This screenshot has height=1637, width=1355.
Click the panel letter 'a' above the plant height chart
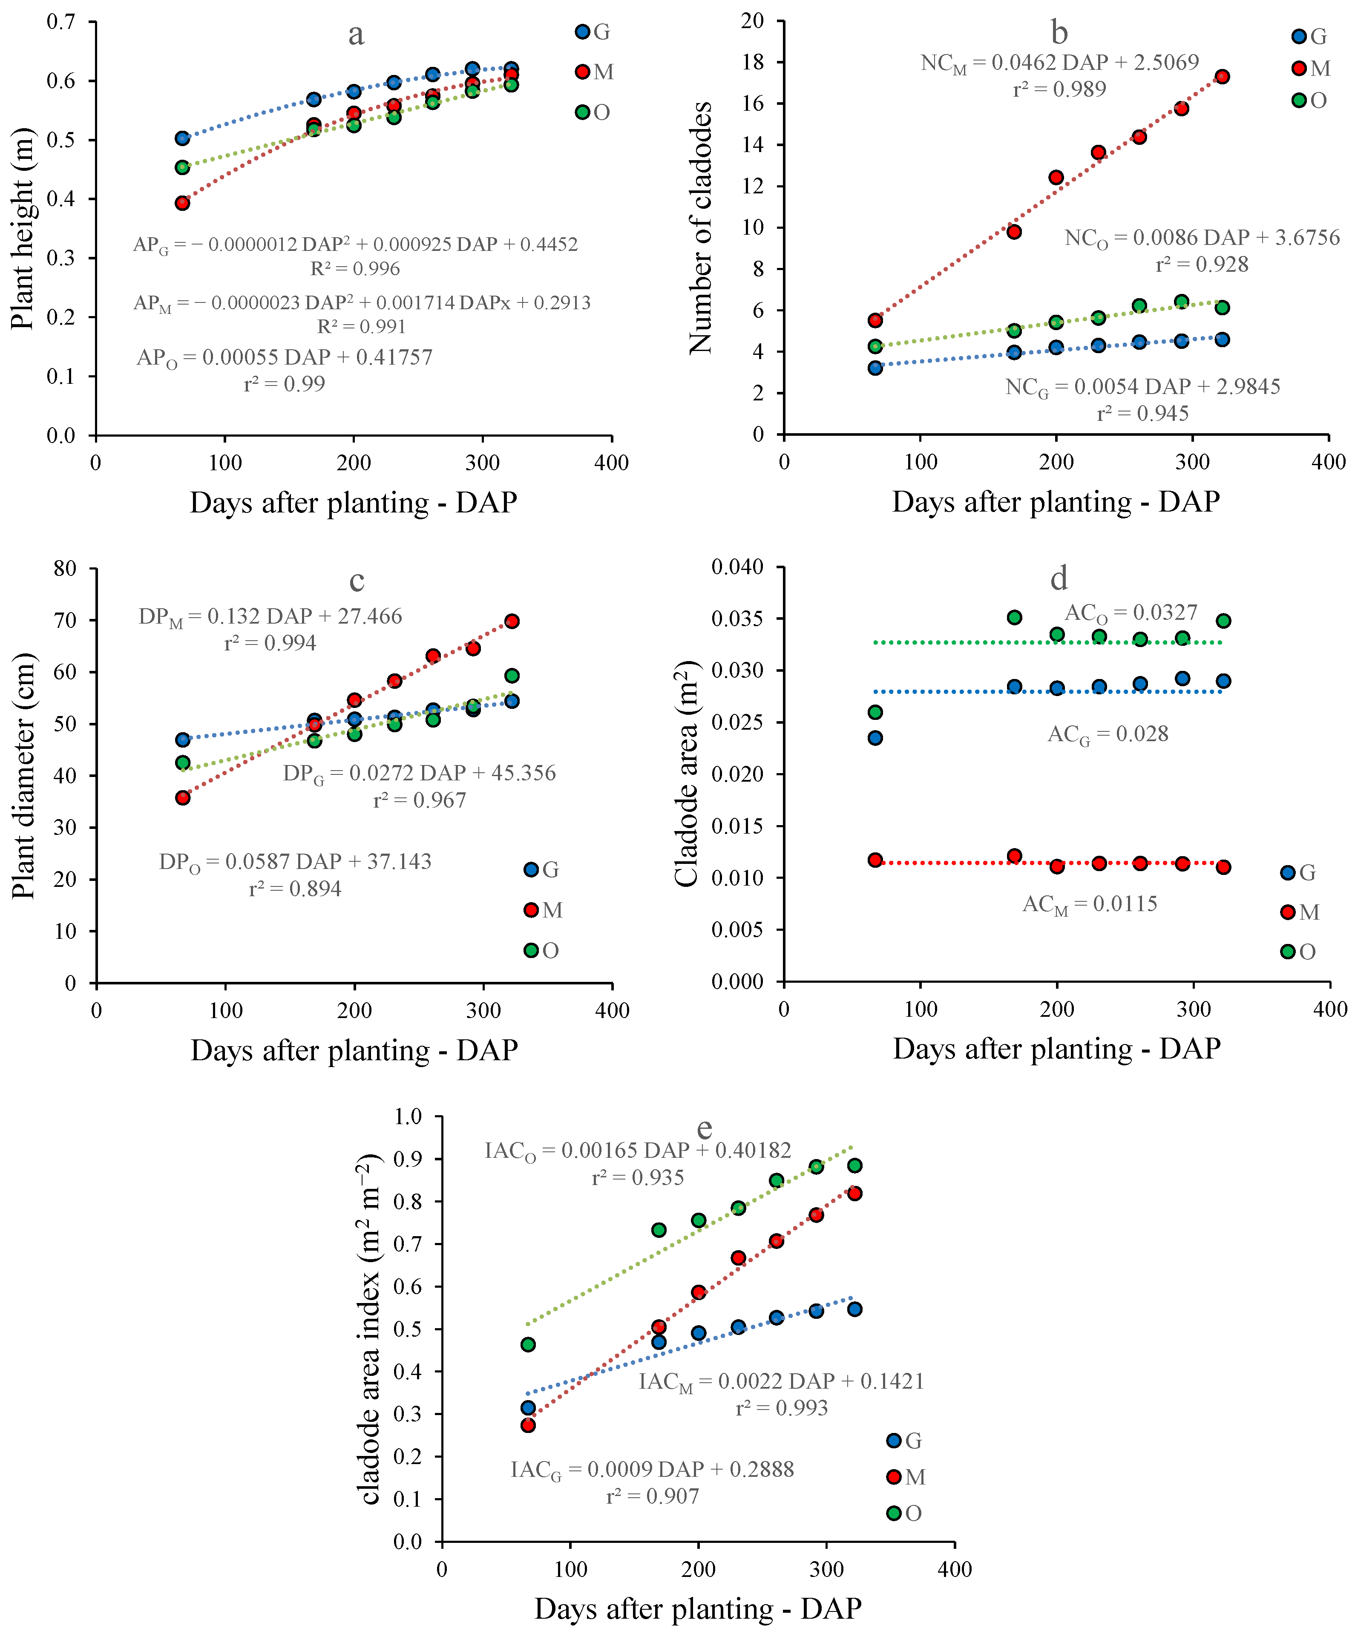pos(356,35)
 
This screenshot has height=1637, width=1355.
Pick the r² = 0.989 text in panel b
pos(1059,89)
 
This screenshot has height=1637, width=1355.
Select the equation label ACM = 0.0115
pos(1090,904)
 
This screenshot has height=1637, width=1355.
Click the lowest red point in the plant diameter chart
pos(182,797)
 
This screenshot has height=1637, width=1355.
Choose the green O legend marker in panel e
pos(894,1513)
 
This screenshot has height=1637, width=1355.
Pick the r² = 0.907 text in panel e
pos(653,1496)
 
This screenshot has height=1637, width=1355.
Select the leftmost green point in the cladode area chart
pos(875,713)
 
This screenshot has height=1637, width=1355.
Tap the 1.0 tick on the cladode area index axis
pos(408,1116)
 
